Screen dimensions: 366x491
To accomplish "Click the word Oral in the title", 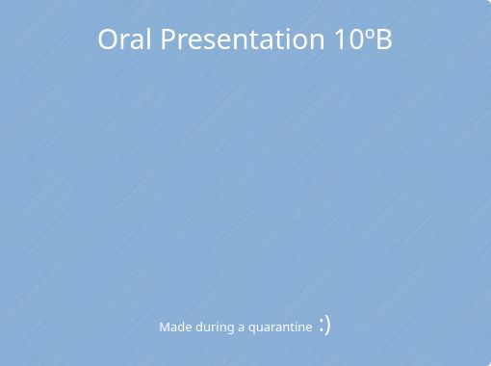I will click(125, 39).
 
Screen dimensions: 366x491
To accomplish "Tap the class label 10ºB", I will click(364, 39).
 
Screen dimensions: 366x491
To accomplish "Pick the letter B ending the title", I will click(383, 39).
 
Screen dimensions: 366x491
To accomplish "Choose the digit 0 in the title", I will click(356, 39).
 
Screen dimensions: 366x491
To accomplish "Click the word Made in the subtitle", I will click(175, 327).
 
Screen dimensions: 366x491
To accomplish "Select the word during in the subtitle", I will click(215, 327).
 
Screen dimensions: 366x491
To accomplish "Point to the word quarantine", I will click(280, 327).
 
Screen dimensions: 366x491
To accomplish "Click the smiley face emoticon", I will click(324, 325).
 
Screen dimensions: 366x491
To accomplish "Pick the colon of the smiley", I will click(321, 326).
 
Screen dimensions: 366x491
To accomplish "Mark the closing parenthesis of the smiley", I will click(328, 325).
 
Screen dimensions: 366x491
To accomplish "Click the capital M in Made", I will click(165, 327).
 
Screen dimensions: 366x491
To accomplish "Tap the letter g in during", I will click(231, 329).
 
